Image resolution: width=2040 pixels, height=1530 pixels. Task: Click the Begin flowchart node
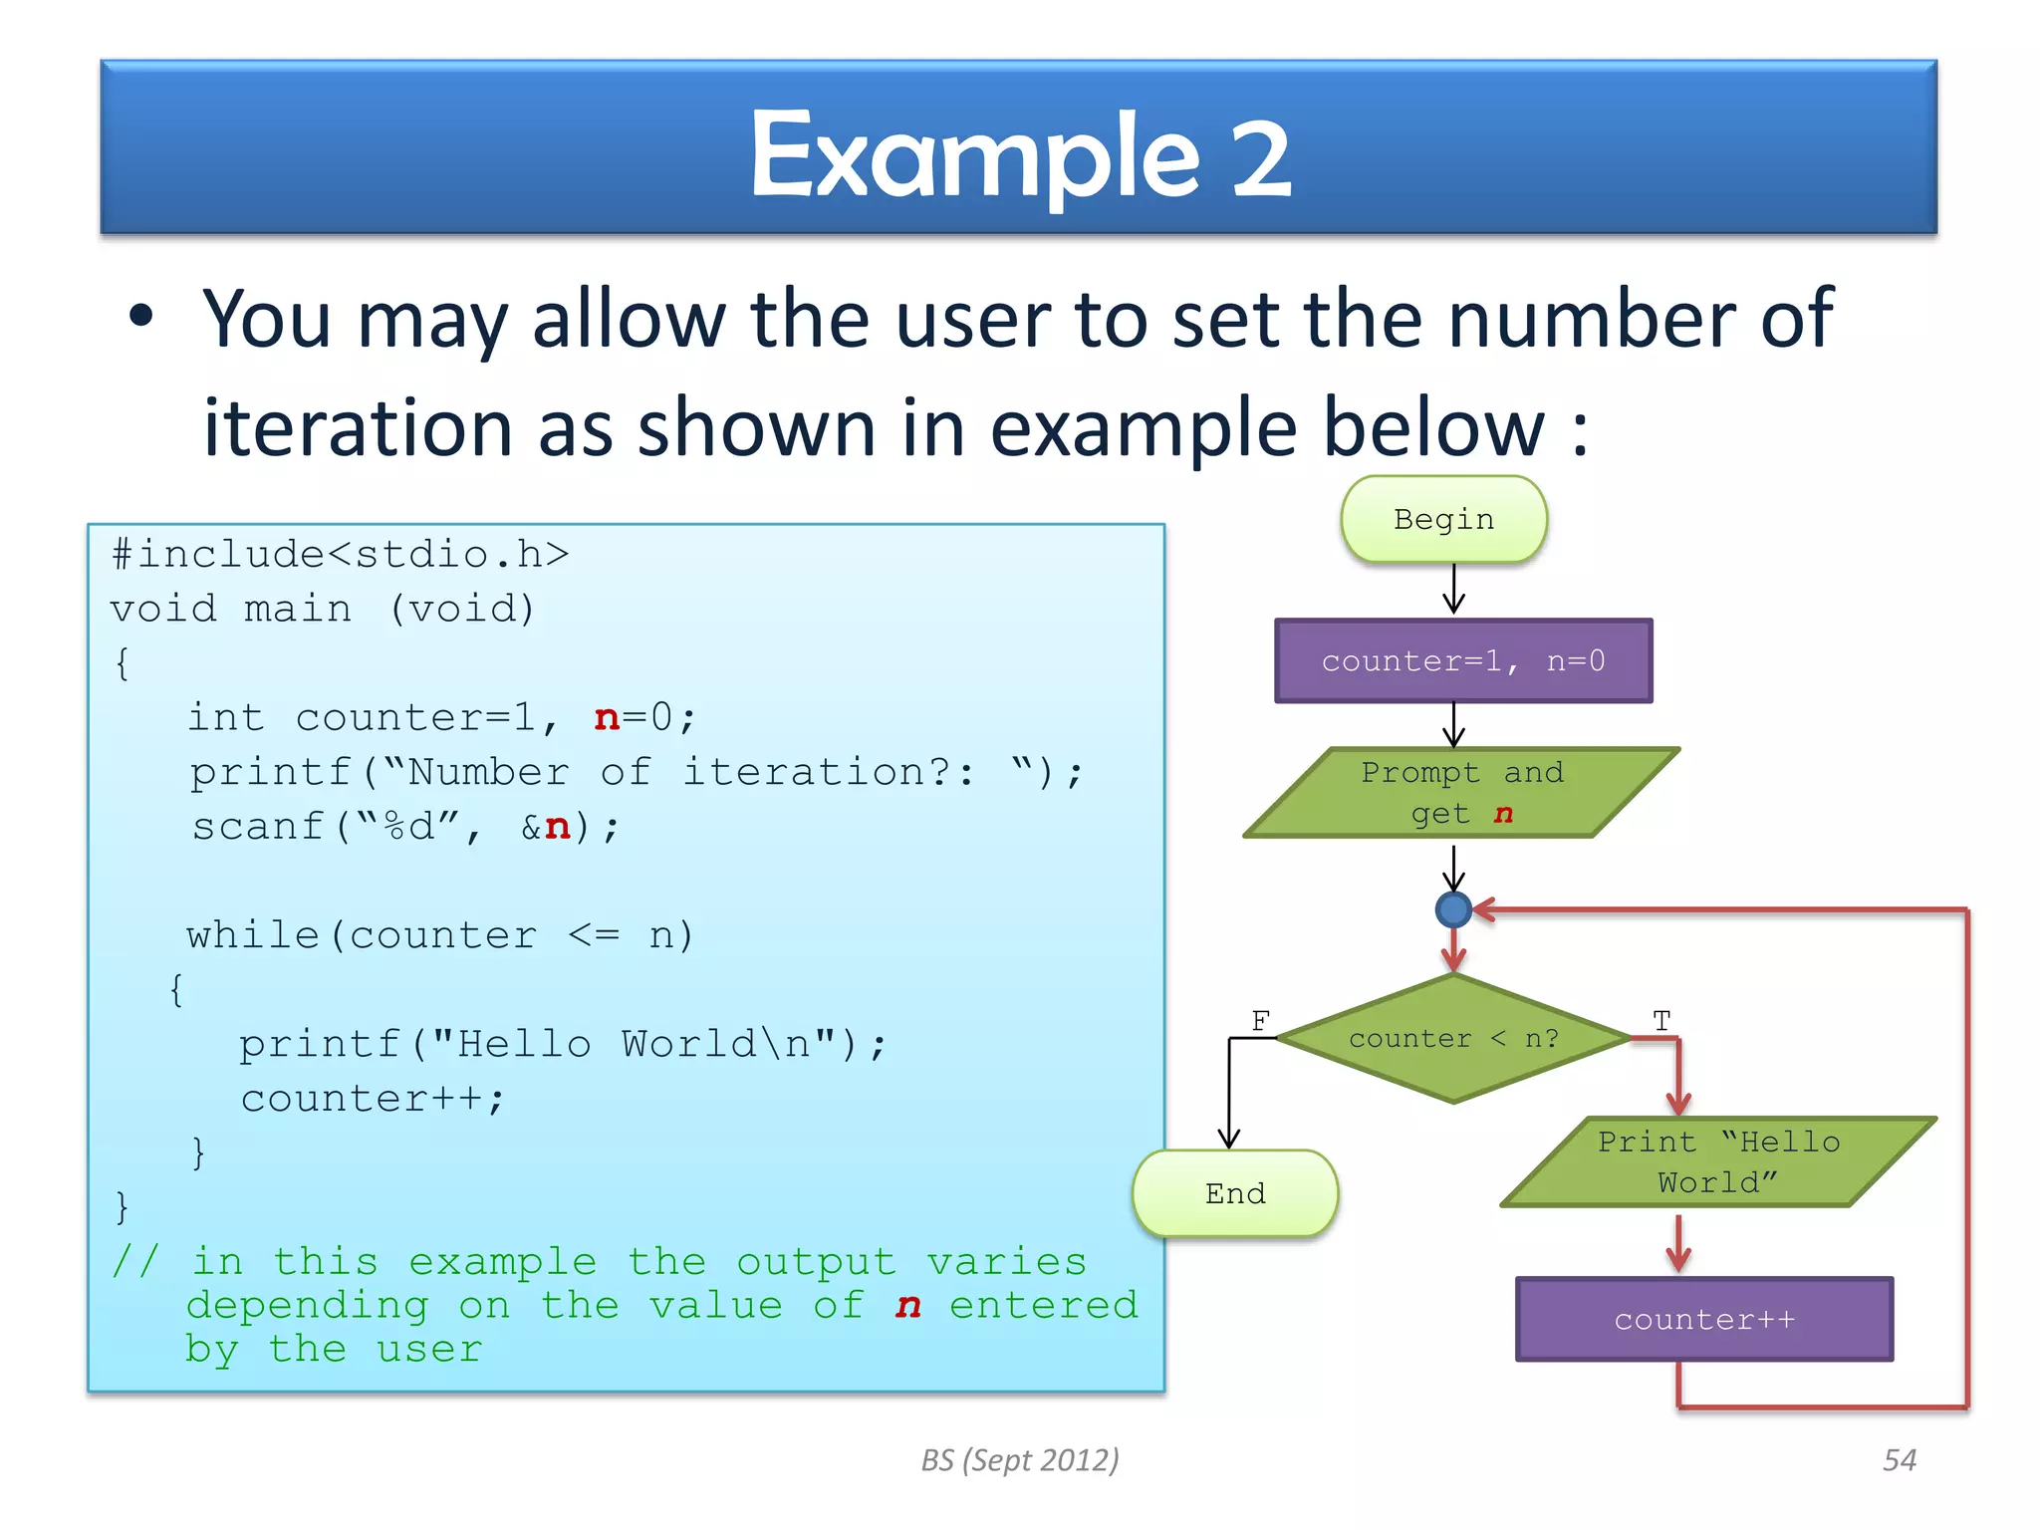tap(1443, 520)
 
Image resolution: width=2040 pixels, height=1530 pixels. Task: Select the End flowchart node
tap(1235, 1193)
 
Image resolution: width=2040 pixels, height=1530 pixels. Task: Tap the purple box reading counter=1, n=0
tap(1463, 661)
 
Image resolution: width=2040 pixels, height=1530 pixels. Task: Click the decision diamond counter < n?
tap(1453, 1039)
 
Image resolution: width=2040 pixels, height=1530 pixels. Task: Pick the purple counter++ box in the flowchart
tap(1704, 1320)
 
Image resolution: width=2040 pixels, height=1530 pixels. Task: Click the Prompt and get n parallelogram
tap(1461, 793)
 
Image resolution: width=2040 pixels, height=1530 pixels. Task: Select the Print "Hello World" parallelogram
tap(1718, 1162)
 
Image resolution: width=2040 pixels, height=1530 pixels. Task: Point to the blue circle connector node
tap(1454, 909)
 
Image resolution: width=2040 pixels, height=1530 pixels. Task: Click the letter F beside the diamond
tap(1260, 1020)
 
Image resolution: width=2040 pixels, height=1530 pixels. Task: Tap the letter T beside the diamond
tap(1661, 1020)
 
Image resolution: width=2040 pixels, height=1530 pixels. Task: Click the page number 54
tap(1899, 1460)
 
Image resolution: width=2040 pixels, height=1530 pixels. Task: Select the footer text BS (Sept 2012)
tap(1019, 1460)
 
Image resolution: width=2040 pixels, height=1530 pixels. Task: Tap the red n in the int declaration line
tap(607, 718)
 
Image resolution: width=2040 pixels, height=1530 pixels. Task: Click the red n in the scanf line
tap(558, 827)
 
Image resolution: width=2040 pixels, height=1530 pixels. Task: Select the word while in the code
tap(252, 935)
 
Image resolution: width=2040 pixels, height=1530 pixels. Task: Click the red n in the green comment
tap(907, 1306)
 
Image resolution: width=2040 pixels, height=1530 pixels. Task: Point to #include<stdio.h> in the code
tap(340, 555)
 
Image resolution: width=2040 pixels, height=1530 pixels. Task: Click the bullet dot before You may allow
tap(141, 317)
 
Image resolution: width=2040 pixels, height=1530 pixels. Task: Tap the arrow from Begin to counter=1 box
tap(1454, 590)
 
